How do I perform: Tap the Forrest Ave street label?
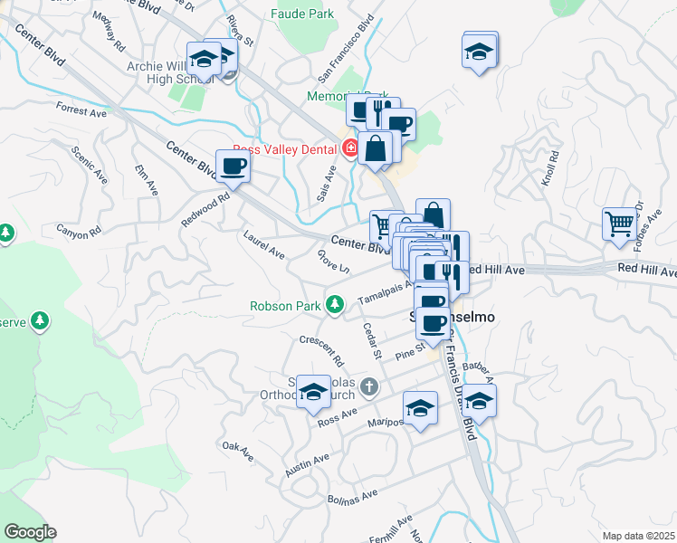click(81, 111)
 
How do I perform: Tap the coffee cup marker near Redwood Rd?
click(234, 167)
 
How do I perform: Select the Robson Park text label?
click(286, 306)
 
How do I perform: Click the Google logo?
click(31, 532)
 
